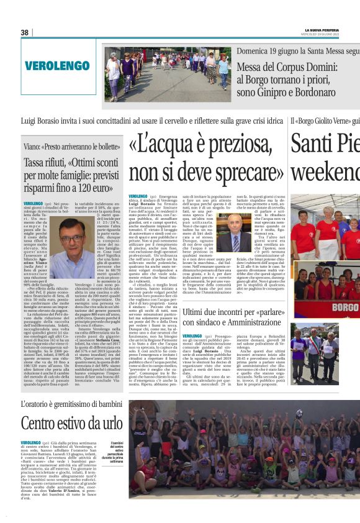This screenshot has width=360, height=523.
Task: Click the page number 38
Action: click(25, 32)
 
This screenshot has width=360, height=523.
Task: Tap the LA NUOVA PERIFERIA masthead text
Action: click(319, 29)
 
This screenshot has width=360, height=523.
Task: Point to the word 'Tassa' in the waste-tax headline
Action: click(38, 163)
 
